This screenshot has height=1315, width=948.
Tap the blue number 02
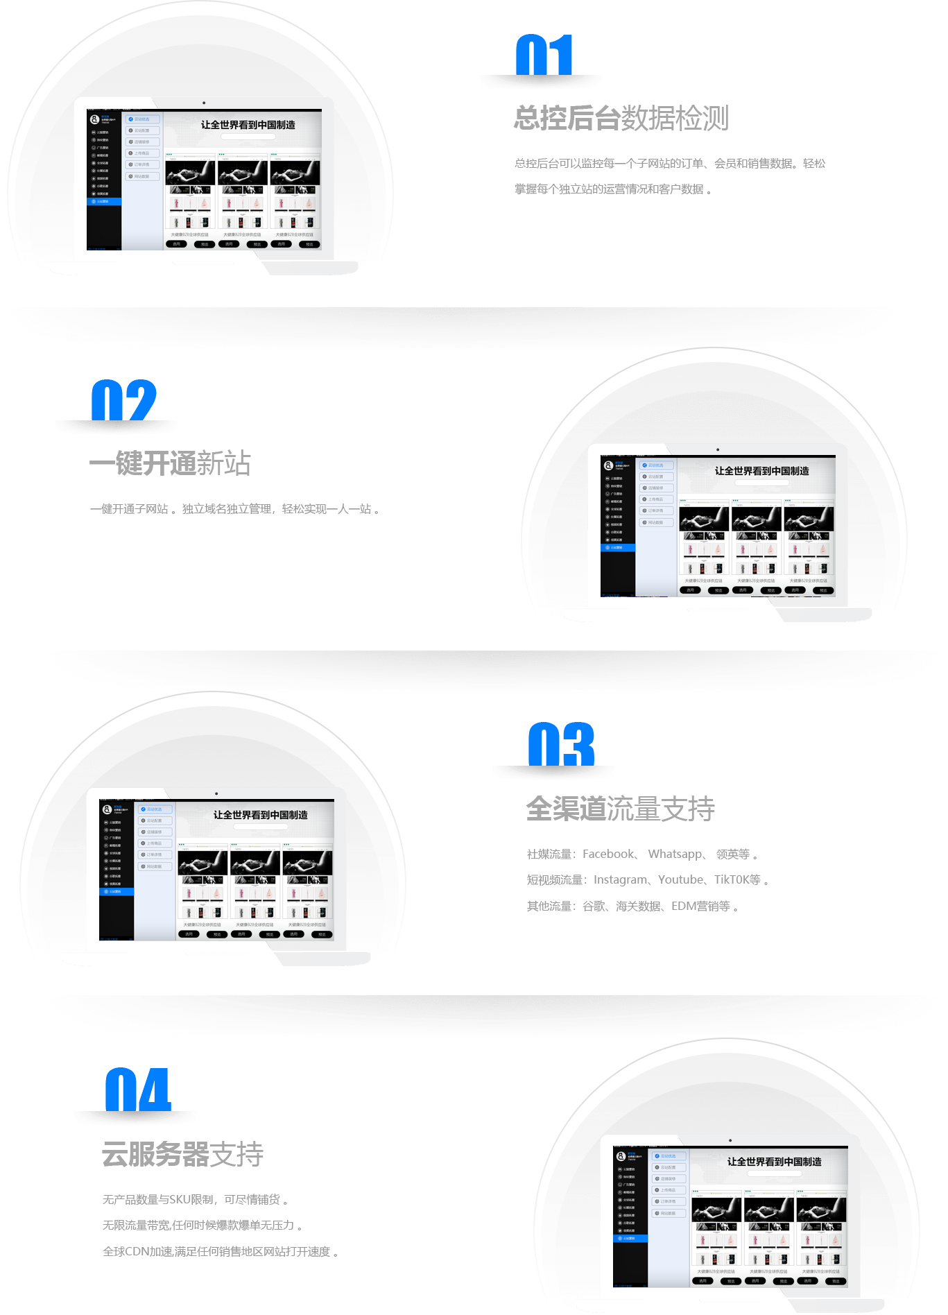pos(124,400)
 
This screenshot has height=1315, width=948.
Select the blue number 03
pos(561,744)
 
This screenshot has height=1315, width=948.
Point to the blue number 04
pos(137,1090)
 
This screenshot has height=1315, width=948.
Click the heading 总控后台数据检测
pos(621,118)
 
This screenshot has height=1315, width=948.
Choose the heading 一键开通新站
pos(170,463)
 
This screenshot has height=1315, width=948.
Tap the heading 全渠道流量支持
pos(620,809)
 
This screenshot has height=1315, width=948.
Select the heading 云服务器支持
pos(182,1154)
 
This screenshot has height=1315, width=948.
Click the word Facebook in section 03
pos(608,854)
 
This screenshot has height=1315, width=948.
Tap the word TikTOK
pos(733,879)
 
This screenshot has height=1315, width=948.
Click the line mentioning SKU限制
pos(194,1199)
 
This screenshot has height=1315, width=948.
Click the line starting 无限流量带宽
pos(202,1226)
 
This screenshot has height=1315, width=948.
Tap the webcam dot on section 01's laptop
pos(204,103)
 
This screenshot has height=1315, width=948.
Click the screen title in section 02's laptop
pos(761,471)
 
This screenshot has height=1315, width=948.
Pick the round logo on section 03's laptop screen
pos(107,809)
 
